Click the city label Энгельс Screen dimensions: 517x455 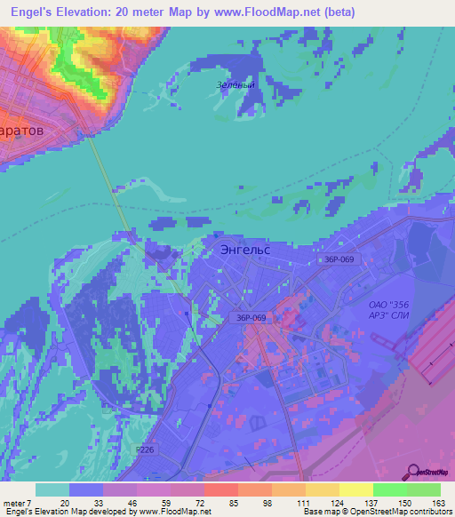tap(244, 251)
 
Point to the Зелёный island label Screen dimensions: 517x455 tap(235, 85)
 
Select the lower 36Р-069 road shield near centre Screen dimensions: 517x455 tap(253, 316)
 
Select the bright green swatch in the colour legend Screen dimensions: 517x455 tap(390, 489)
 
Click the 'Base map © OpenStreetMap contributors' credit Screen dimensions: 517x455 tap(375, 512)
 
